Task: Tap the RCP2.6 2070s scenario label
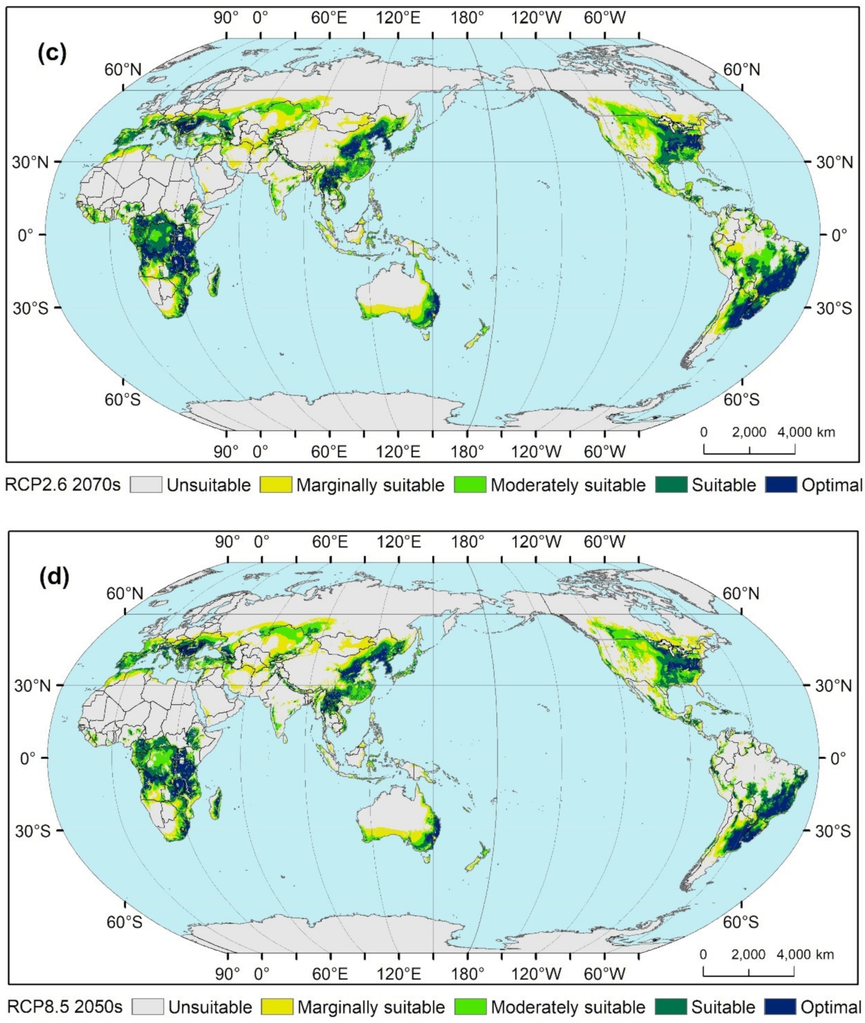[62, 485]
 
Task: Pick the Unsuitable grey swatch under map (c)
[146, 485]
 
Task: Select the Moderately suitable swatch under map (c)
[470, 485]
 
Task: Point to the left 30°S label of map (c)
[30, 309]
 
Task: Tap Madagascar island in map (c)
[214, 281]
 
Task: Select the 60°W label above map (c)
[604, 19]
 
